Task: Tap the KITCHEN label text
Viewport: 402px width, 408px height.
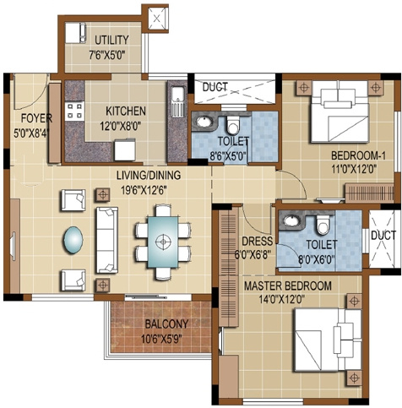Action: point(126,111)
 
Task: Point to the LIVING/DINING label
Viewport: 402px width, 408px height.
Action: point(151,175)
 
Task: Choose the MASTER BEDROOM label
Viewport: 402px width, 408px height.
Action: point(288,286)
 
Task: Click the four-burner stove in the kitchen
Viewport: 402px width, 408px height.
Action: point(74,109)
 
